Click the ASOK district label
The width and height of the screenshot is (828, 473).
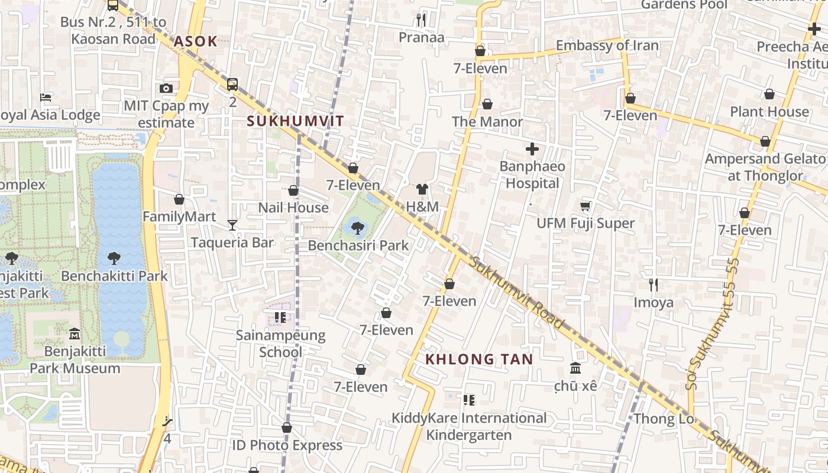pos(195,42)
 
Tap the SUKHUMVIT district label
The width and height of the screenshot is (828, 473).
pos(295,121)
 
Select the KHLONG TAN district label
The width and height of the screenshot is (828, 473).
pos(479,359)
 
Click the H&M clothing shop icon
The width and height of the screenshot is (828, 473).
pos(422,189)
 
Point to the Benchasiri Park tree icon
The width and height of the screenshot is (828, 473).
pos(357,228)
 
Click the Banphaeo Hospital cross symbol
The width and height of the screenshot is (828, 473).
pos(532,149)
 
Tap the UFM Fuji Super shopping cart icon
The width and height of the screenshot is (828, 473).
pos(585,206)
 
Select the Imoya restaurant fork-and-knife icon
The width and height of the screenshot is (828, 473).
pos(654,285)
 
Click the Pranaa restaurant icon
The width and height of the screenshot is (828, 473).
pos(421,20)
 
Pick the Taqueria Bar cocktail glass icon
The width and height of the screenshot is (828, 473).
pos(232,225)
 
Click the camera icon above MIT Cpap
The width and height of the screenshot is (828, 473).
pos(167,89)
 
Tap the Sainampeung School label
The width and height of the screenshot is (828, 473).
pos(281,344)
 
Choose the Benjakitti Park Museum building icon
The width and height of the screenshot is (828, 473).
pos(75,334)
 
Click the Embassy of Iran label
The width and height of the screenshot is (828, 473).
pos(607,46)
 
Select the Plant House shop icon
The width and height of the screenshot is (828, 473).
pos(769,94)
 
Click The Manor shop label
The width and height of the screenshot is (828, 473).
pos(487,122)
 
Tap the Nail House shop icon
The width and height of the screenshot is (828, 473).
pos(293,190)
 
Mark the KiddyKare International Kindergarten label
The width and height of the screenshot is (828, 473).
pos(469,426)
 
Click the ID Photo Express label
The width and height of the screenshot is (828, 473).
pos(287,445)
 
